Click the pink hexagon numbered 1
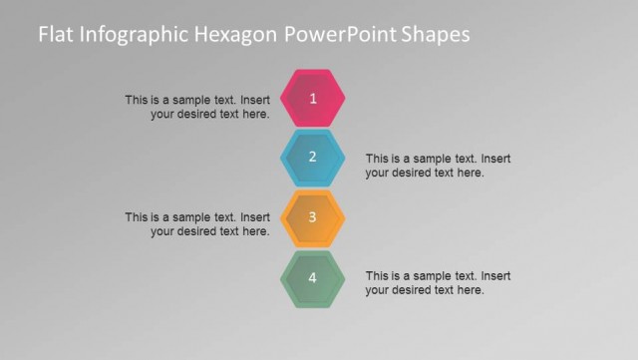point(313,98)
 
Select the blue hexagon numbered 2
point(313,158)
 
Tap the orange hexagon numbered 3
point(313,217)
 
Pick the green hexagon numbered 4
point(313,277)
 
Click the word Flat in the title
point(55,35)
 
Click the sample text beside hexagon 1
point(197,107)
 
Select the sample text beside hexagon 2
point(439,165)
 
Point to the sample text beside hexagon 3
point(197,224)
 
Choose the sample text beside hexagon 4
point(439,282)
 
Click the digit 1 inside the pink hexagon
point(313,98)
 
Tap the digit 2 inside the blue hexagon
point(313,157)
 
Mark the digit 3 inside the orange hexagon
point(313,216)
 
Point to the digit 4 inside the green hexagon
point(313,277)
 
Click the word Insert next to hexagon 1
point(255,100)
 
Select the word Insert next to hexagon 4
point(496,275)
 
